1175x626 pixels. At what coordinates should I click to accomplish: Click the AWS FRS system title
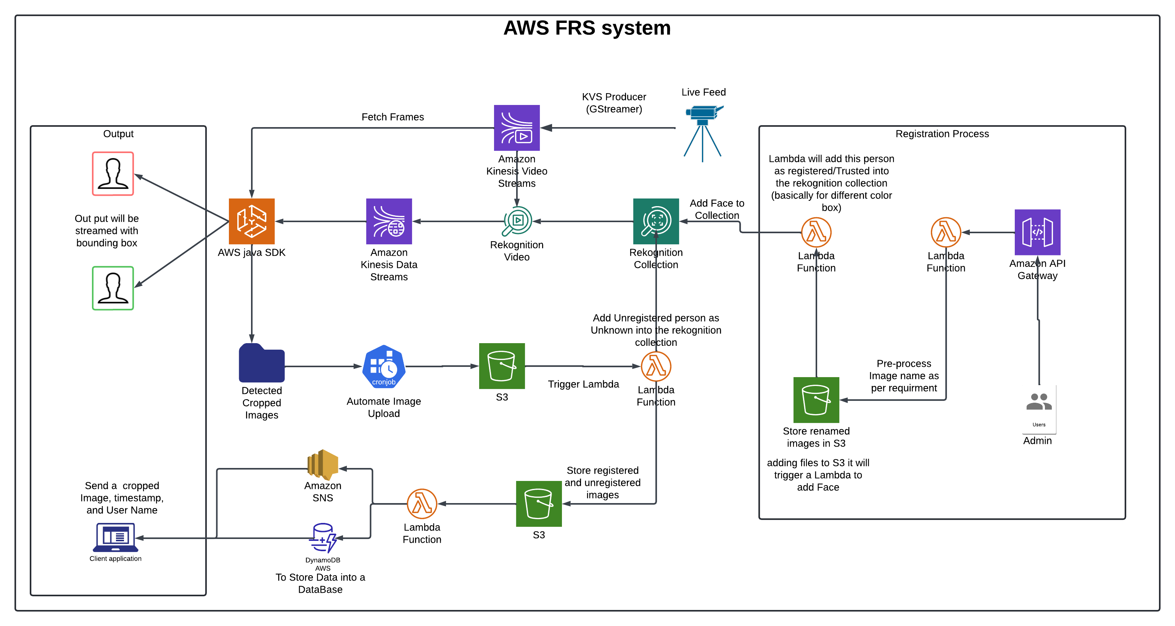click(587, 28)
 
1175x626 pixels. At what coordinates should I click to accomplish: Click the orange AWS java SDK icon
click(251, 221)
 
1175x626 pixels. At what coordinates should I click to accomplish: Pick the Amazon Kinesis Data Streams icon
click(389, 221)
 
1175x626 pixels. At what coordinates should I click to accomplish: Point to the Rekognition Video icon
click(517, 221)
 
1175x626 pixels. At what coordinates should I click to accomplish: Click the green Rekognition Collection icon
click(655, 221)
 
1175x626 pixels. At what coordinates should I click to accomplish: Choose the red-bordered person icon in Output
click(113, 174)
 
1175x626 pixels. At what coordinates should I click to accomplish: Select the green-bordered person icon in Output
click(113, 288)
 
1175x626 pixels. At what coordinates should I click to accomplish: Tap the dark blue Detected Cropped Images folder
click(261, 364)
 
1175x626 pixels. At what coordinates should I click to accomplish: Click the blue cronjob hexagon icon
click(384, 366)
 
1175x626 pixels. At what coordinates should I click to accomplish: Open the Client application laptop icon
click(115, 537)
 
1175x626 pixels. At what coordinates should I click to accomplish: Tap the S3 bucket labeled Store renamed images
click(816, 400)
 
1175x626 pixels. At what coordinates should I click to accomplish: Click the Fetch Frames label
click(392, 117)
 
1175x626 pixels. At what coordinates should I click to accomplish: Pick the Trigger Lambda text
click(583, 384)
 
